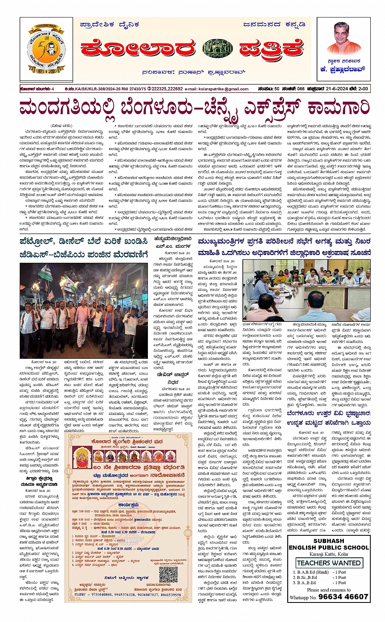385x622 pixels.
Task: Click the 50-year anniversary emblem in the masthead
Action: coord(46,49)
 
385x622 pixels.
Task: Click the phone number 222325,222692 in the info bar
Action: coord(167,89)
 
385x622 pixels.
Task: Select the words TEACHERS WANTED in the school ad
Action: coord(329,563)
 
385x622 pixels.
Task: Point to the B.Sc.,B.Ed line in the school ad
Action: coord(308,577)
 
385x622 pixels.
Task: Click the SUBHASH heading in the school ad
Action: coord(329,541)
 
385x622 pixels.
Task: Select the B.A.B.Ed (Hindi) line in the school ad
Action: coord(310,572)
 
